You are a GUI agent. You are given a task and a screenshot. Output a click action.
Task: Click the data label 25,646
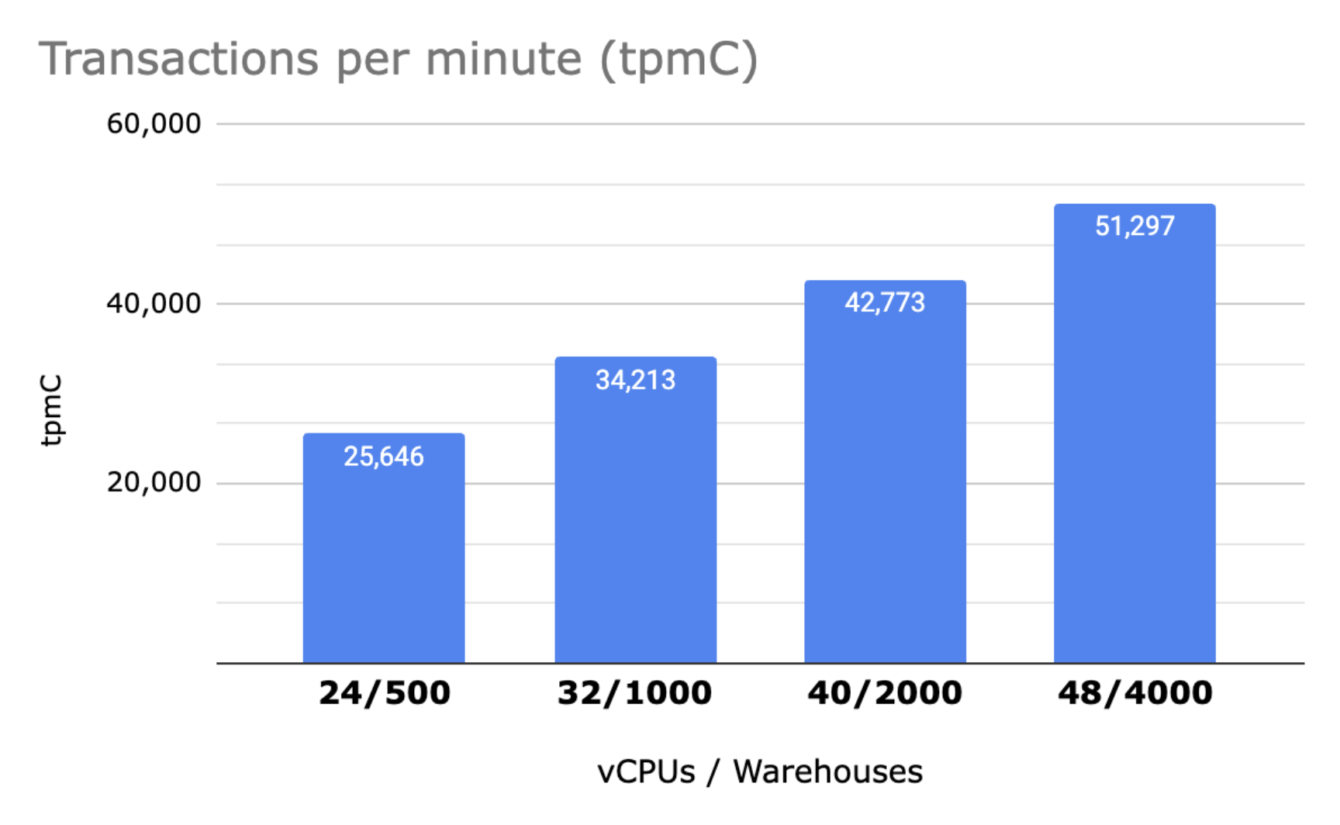(x=384, y=457)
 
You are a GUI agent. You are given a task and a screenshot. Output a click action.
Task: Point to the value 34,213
(x=635, y=380)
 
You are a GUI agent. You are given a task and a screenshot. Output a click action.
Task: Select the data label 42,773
(x=885, y=302)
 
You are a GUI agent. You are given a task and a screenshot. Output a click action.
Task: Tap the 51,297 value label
(x=1135, y=226)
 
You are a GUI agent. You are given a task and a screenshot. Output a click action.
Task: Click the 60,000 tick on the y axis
(x=154, y=123)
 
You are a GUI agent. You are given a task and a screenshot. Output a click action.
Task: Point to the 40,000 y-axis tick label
(x=154, y=303)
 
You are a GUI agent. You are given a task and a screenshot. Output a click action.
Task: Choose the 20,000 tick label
(x=154, y=482)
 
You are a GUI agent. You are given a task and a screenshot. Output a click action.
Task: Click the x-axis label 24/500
(x=385, y=692)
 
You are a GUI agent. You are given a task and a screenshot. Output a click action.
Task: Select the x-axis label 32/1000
(x=634, y=692)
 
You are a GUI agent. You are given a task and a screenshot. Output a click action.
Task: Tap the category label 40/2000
(x=885, y=692)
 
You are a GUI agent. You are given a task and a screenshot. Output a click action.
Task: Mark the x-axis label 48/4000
(x=1135, y=692)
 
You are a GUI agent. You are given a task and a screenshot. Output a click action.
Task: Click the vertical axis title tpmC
(x=51, y=410)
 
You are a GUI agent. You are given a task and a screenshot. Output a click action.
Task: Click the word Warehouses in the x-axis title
(x=827, y=771)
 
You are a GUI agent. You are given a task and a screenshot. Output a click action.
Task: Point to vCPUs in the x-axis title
(x=646, y=771)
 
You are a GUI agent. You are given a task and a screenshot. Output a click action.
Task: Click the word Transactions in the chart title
(x=179, y=59)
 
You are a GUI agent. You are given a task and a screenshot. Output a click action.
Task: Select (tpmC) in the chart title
(x=679, y=60)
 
